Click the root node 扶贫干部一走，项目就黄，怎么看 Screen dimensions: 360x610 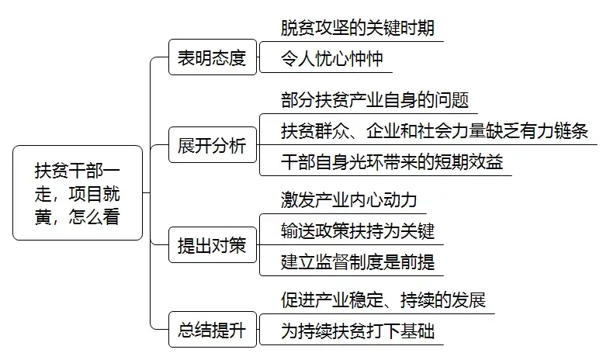pos(78,192)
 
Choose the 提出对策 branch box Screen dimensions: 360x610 pos(212,246)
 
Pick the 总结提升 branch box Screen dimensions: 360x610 pos(212,333)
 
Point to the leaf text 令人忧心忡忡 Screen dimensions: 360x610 pos(331,59)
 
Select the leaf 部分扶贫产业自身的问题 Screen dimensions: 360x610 pos(375,101)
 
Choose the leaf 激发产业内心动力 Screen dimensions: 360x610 pos(348,200)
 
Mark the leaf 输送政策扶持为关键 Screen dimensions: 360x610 pos(357,230)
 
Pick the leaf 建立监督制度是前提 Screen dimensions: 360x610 pos(357,261)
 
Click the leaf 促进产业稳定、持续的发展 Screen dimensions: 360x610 pos(383,300)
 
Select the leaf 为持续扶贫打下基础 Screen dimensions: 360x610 pos(357,333)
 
